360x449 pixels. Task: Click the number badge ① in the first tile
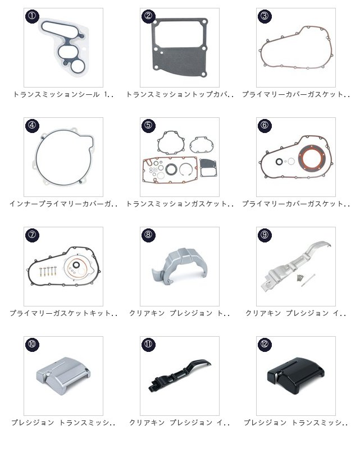32,16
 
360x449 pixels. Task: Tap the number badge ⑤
148,125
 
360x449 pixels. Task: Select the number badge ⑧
148,235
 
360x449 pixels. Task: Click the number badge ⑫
265,344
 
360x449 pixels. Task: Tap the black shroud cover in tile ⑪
179,375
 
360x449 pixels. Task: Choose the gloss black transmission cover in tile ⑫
295,372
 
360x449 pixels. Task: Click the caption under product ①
63,94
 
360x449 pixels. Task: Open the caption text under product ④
63,204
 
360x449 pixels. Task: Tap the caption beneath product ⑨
296,313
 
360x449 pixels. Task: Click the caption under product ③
296,94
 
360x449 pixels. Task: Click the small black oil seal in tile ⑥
279,162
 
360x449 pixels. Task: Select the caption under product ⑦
63,313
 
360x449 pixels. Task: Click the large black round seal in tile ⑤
171,168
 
